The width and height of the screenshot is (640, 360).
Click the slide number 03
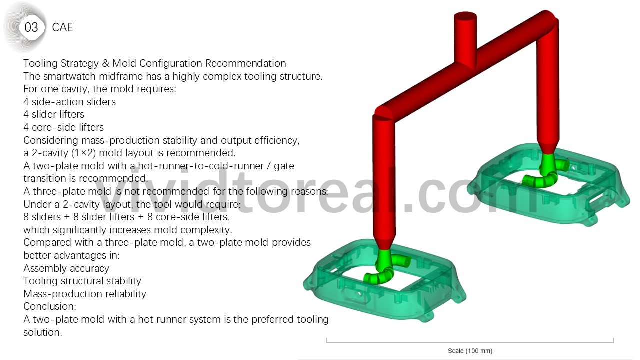tap(31, 27)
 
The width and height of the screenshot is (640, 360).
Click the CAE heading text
tap(62, 27)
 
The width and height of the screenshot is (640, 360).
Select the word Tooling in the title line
tap(41, 63)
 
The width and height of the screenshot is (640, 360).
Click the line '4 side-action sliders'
tap(69, 102)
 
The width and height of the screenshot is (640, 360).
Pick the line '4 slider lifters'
tap(54, 114)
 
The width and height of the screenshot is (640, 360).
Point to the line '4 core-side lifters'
tap(63, 127)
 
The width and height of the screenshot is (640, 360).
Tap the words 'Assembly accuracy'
tap(66, 268)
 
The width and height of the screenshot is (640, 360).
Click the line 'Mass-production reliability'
tap(85, 294)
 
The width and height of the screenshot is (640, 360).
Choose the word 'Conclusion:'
tap(50, 306)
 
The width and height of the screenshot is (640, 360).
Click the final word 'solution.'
tap(43, 332)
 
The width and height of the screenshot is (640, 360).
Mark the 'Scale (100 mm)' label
tap(470, 351)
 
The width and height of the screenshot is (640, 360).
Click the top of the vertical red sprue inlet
tap(465, 15)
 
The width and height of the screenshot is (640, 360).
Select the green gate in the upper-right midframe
tap(545, 172)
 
